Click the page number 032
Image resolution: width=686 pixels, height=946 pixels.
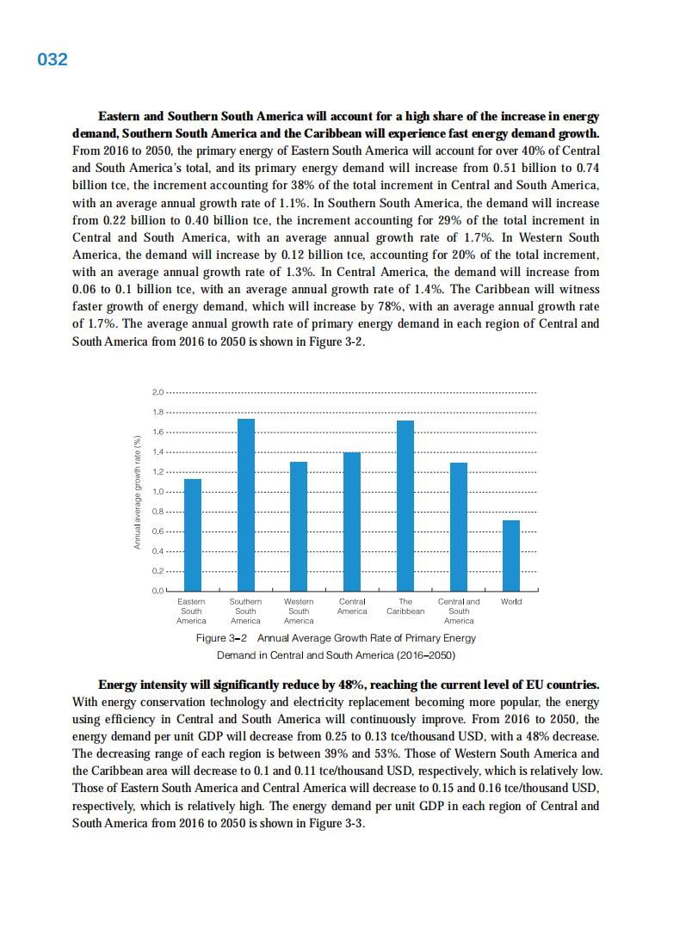coord(53,59)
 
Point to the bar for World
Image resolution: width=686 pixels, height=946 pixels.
coord(511,556)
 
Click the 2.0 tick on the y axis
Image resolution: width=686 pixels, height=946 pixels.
coord(157,392)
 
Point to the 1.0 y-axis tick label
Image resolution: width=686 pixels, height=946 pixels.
coord(157,492)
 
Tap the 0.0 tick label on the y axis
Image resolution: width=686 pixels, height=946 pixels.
coord(157,591)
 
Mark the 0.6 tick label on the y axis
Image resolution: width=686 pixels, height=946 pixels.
coord(157,531)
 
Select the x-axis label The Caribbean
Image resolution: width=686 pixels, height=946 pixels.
coord(405,606)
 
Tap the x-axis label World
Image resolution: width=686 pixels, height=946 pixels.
coord(511,601)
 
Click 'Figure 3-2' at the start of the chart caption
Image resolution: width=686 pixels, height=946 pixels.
coord(222,638)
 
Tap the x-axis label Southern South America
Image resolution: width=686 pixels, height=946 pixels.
coord(246,611)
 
